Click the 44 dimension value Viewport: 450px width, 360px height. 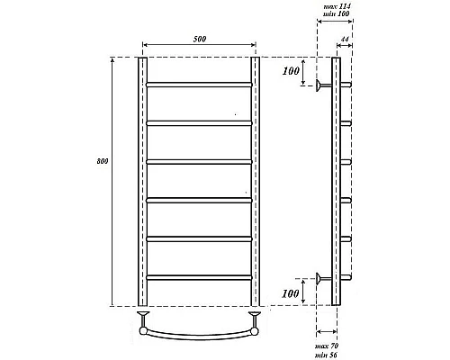[346, 42]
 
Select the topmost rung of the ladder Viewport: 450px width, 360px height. [198, 85]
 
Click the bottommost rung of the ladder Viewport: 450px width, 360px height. [198, 276]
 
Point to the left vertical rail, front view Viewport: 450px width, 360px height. [142, 180]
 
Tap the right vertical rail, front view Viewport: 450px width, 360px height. [256, 180]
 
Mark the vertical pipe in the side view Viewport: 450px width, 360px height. [337, 180]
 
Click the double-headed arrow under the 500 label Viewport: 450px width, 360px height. [198, 46]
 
